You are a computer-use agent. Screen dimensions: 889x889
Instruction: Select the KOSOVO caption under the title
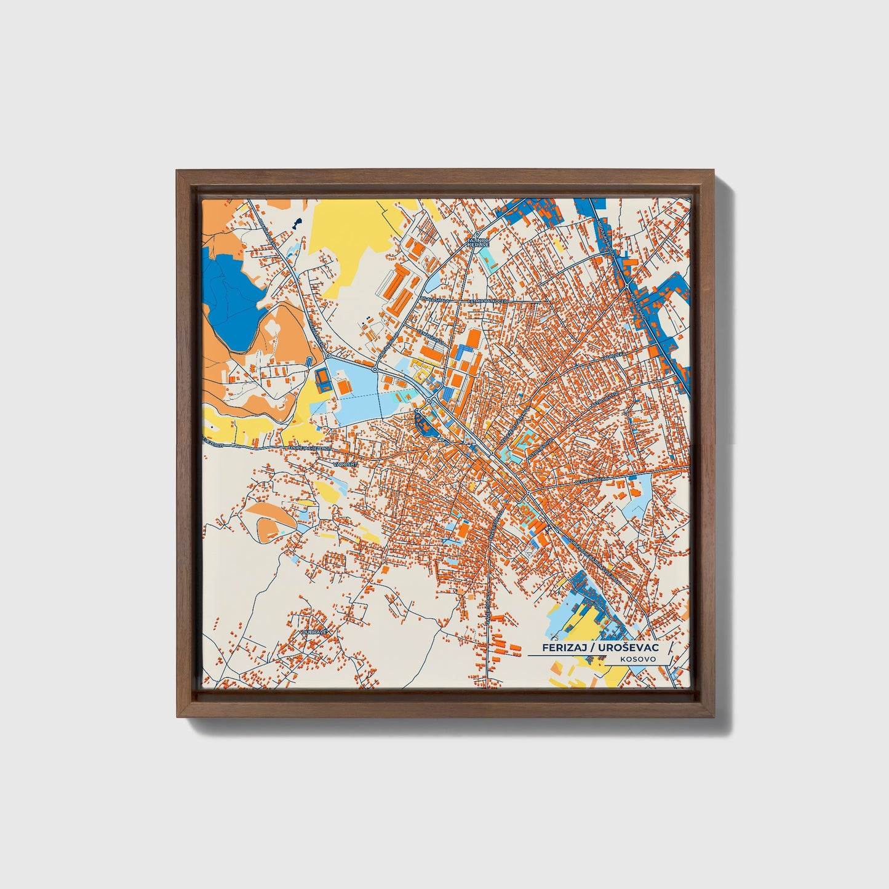pos(638,659)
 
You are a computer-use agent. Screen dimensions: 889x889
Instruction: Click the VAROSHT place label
pos(345,463)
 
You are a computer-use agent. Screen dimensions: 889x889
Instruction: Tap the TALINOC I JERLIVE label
pos(478,242)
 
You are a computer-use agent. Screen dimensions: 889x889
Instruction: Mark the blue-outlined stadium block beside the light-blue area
pos(322,380)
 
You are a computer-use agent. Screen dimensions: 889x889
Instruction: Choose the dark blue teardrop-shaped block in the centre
pos(425,424)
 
